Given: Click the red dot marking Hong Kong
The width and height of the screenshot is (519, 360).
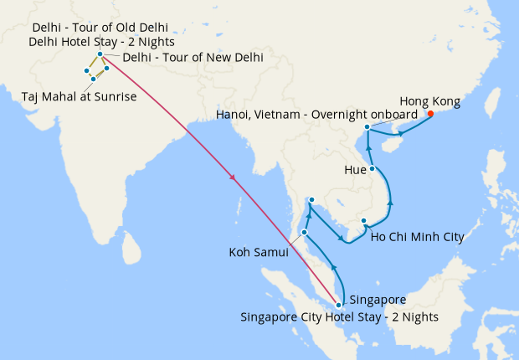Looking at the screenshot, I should (430, 114).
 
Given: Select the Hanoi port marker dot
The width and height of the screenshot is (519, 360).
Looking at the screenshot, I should (367, 126).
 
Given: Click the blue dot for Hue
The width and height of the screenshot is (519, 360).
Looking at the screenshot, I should (373, 168).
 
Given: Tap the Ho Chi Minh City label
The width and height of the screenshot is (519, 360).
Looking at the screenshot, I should (416, 238).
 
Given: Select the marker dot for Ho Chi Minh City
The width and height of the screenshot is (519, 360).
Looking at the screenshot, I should (364, 221).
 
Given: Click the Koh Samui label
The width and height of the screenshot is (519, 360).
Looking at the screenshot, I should (258, 251).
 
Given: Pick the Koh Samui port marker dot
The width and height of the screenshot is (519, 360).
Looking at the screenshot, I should (305, 232).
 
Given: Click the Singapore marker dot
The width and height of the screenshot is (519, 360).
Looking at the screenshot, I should (338, 305).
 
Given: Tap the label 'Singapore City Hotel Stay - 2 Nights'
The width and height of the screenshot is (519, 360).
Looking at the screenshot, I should (339, 317).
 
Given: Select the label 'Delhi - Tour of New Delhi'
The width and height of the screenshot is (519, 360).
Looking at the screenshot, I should (193, 58).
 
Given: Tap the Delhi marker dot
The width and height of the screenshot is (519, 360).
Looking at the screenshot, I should (100, 54).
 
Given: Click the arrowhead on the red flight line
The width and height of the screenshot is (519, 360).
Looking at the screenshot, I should (232, 177).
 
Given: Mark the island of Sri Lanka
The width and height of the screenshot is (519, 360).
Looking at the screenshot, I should (130, 246).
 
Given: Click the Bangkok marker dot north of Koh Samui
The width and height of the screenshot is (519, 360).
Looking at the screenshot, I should (311, 199).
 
